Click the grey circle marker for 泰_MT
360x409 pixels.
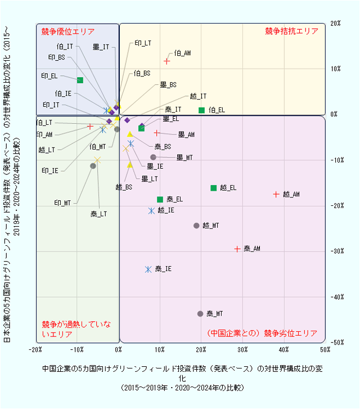click(x=200, y=313)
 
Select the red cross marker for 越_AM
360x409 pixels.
click(x=276, y=194)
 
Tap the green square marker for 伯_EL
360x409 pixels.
click(x=201, y=110)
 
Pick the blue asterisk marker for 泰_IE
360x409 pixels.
click(x=148, y=269)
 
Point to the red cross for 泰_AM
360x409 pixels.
click(x=237, y=248)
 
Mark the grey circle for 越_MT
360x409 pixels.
click(x=196, y=225)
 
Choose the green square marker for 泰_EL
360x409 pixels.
click(x=160, y=199)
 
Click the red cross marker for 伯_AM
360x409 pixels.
click(x=167, y=61)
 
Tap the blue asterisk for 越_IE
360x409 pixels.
click(x=151, y=210)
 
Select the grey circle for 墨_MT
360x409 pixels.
click(x=153, y=157)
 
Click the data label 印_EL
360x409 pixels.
click(x=49, y=75)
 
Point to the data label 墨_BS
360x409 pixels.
click(x=168, y=85)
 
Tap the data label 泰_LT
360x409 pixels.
click(x=98, y=214)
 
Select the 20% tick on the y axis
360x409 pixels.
click(x=336, y=24)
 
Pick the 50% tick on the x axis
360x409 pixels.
click(x=325, y=350)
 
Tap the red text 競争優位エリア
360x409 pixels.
click(x=68, y=32)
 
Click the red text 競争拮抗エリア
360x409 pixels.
click(x=291, y=32)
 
